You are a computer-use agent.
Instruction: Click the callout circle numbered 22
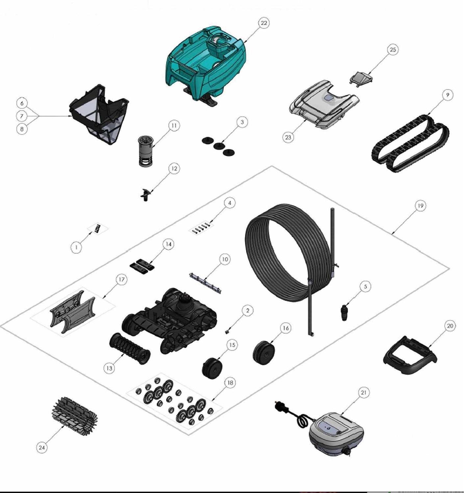click(264, 23)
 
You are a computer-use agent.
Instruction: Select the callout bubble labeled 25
click(393, 50)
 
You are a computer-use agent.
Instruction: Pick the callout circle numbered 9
click(447, 95)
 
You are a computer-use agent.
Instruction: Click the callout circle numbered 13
click(110, 368)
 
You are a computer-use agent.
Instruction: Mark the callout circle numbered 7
click(22, 116)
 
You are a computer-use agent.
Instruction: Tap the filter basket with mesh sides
click(99, 114)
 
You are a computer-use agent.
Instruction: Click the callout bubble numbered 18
click(230, 383)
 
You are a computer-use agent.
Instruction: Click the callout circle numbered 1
click(76, 247)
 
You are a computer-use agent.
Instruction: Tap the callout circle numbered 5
click(366, 287)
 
